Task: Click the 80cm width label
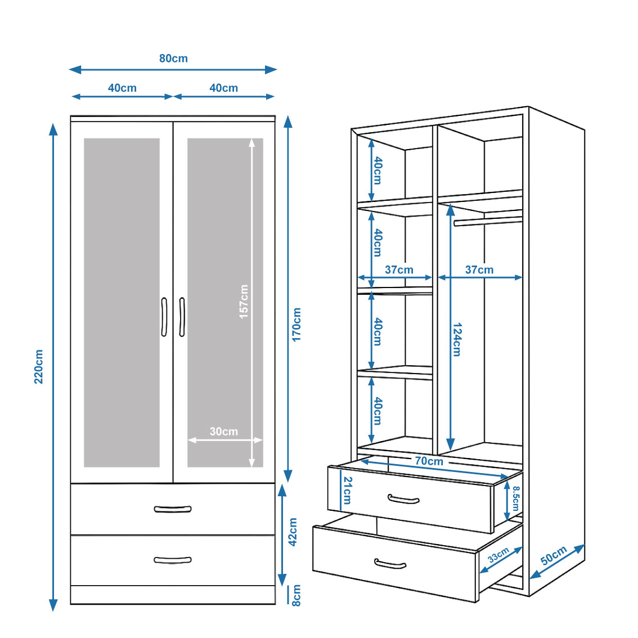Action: tap(173, 59)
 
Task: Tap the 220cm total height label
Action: tap(39, 366)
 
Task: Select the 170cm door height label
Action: tap(297, 324)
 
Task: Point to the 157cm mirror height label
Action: tap(244, 302)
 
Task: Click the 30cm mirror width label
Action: tap(223, 432)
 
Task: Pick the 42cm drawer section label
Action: tap(293, 532)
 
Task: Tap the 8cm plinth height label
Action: tap(296, 595)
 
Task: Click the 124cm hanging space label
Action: tap(457, 339)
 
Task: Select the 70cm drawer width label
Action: tap(429, 461)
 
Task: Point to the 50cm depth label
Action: tap(554, 556)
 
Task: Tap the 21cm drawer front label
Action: tap(347, 490)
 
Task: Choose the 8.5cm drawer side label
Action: tap(516, 498)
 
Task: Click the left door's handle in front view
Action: tap(164, 317)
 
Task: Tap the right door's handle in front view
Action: tap(182, 317)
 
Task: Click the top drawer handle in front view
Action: tap(173, 509)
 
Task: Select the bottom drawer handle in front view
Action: tap(173, 560)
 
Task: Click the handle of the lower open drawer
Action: tap(390, 564)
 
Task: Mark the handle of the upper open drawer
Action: tap(403, 500)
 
